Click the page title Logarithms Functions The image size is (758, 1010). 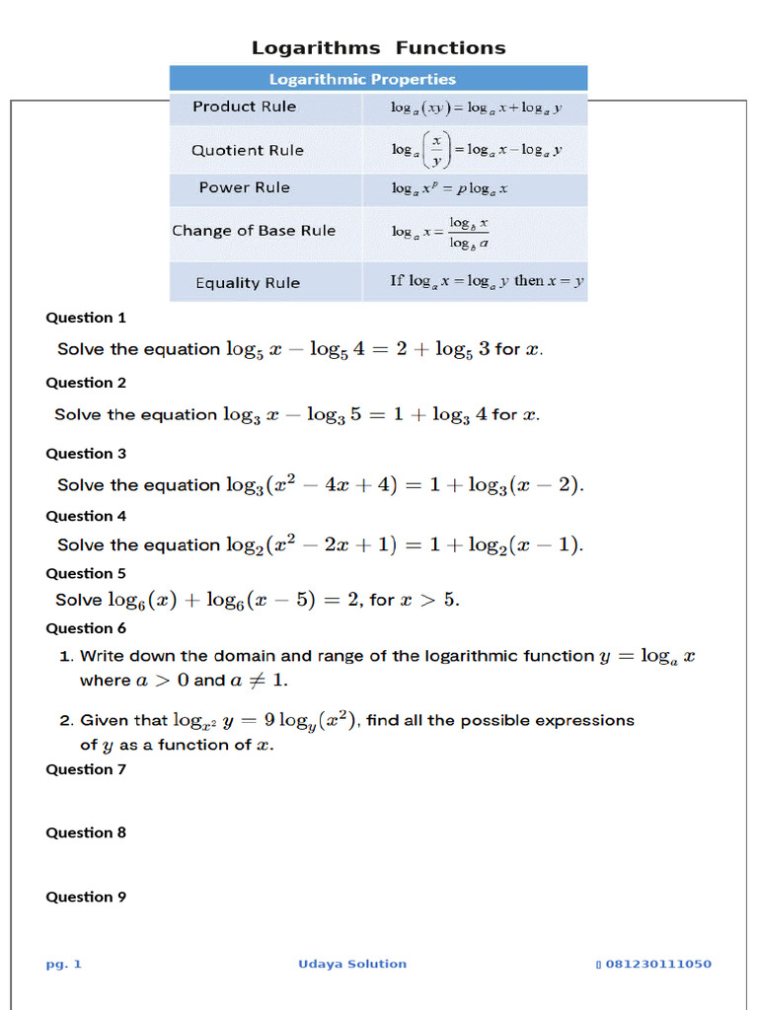378,47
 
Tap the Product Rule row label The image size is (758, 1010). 244,107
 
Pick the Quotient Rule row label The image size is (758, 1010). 247,150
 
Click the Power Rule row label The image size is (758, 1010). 244,187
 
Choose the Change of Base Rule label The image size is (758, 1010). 254,231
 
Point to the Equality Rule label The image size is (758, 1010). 247,283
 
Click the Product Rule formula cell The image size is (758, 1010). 476,108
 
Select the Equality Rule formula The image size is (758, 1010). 487,281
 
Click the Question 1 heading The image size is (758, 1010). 86,318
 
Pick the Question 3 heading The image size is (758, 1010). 86,454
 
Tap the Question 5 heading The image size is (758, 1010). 86,573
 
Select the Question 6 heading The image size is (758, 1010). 86,628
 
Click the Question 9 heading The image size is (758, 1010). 86,897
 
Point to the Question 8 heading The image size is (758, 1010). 86,832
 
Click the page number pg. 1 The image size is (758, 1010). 63,964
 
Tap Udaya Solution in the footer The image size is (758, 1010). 352,964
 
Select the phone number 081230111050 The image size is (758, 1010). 657,964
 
